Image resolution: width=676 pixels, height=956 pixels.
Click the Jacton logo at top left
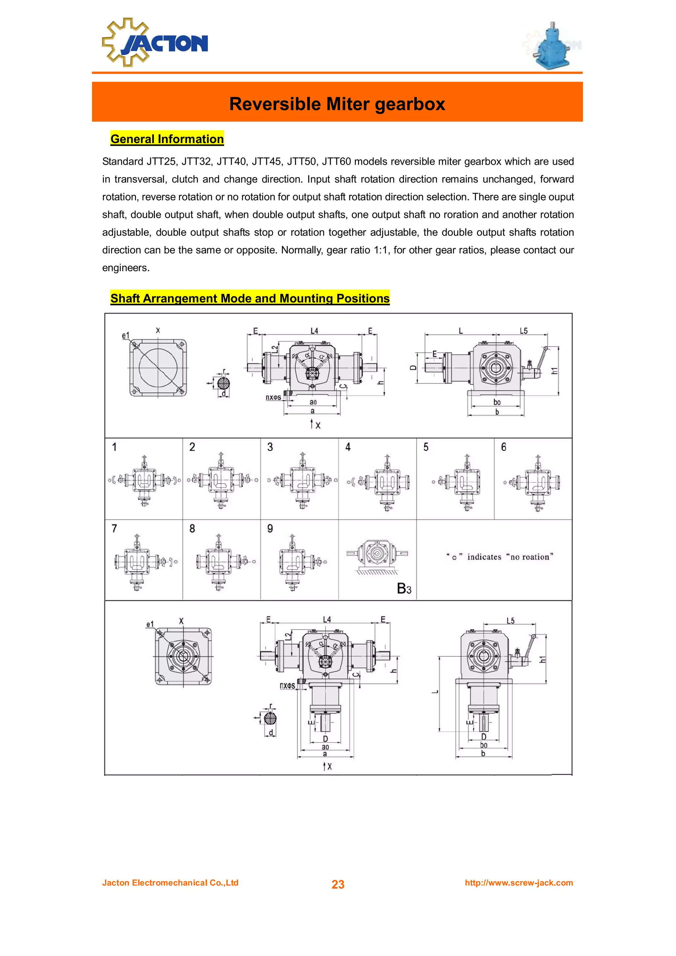click(x=155, y=43)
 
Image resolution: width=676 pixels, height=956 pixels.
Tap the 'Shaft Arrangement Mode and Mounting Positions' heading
click(x=250, y=298)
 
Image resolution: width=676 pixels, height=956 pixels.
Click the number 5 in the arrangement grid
click(x=426, y=447)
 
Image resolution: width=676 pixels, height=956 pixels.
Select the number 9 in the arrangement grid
click(x=270, y=529)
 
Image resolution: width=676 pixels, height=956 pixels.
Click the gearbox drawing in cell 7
click(x=137, y=562)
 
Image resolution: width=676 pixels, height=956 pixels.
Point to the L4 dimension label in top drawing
click(x=314, y=331)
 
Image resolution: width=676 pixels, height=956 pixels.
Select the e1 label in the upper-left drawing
click(x=125, y=335)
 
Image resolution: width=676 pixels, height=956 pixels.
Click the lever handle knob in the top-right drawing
click(x=546, y=348)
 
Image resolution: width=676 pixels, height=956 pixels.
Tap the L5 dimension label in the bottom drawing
click(x=510, y=621)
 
